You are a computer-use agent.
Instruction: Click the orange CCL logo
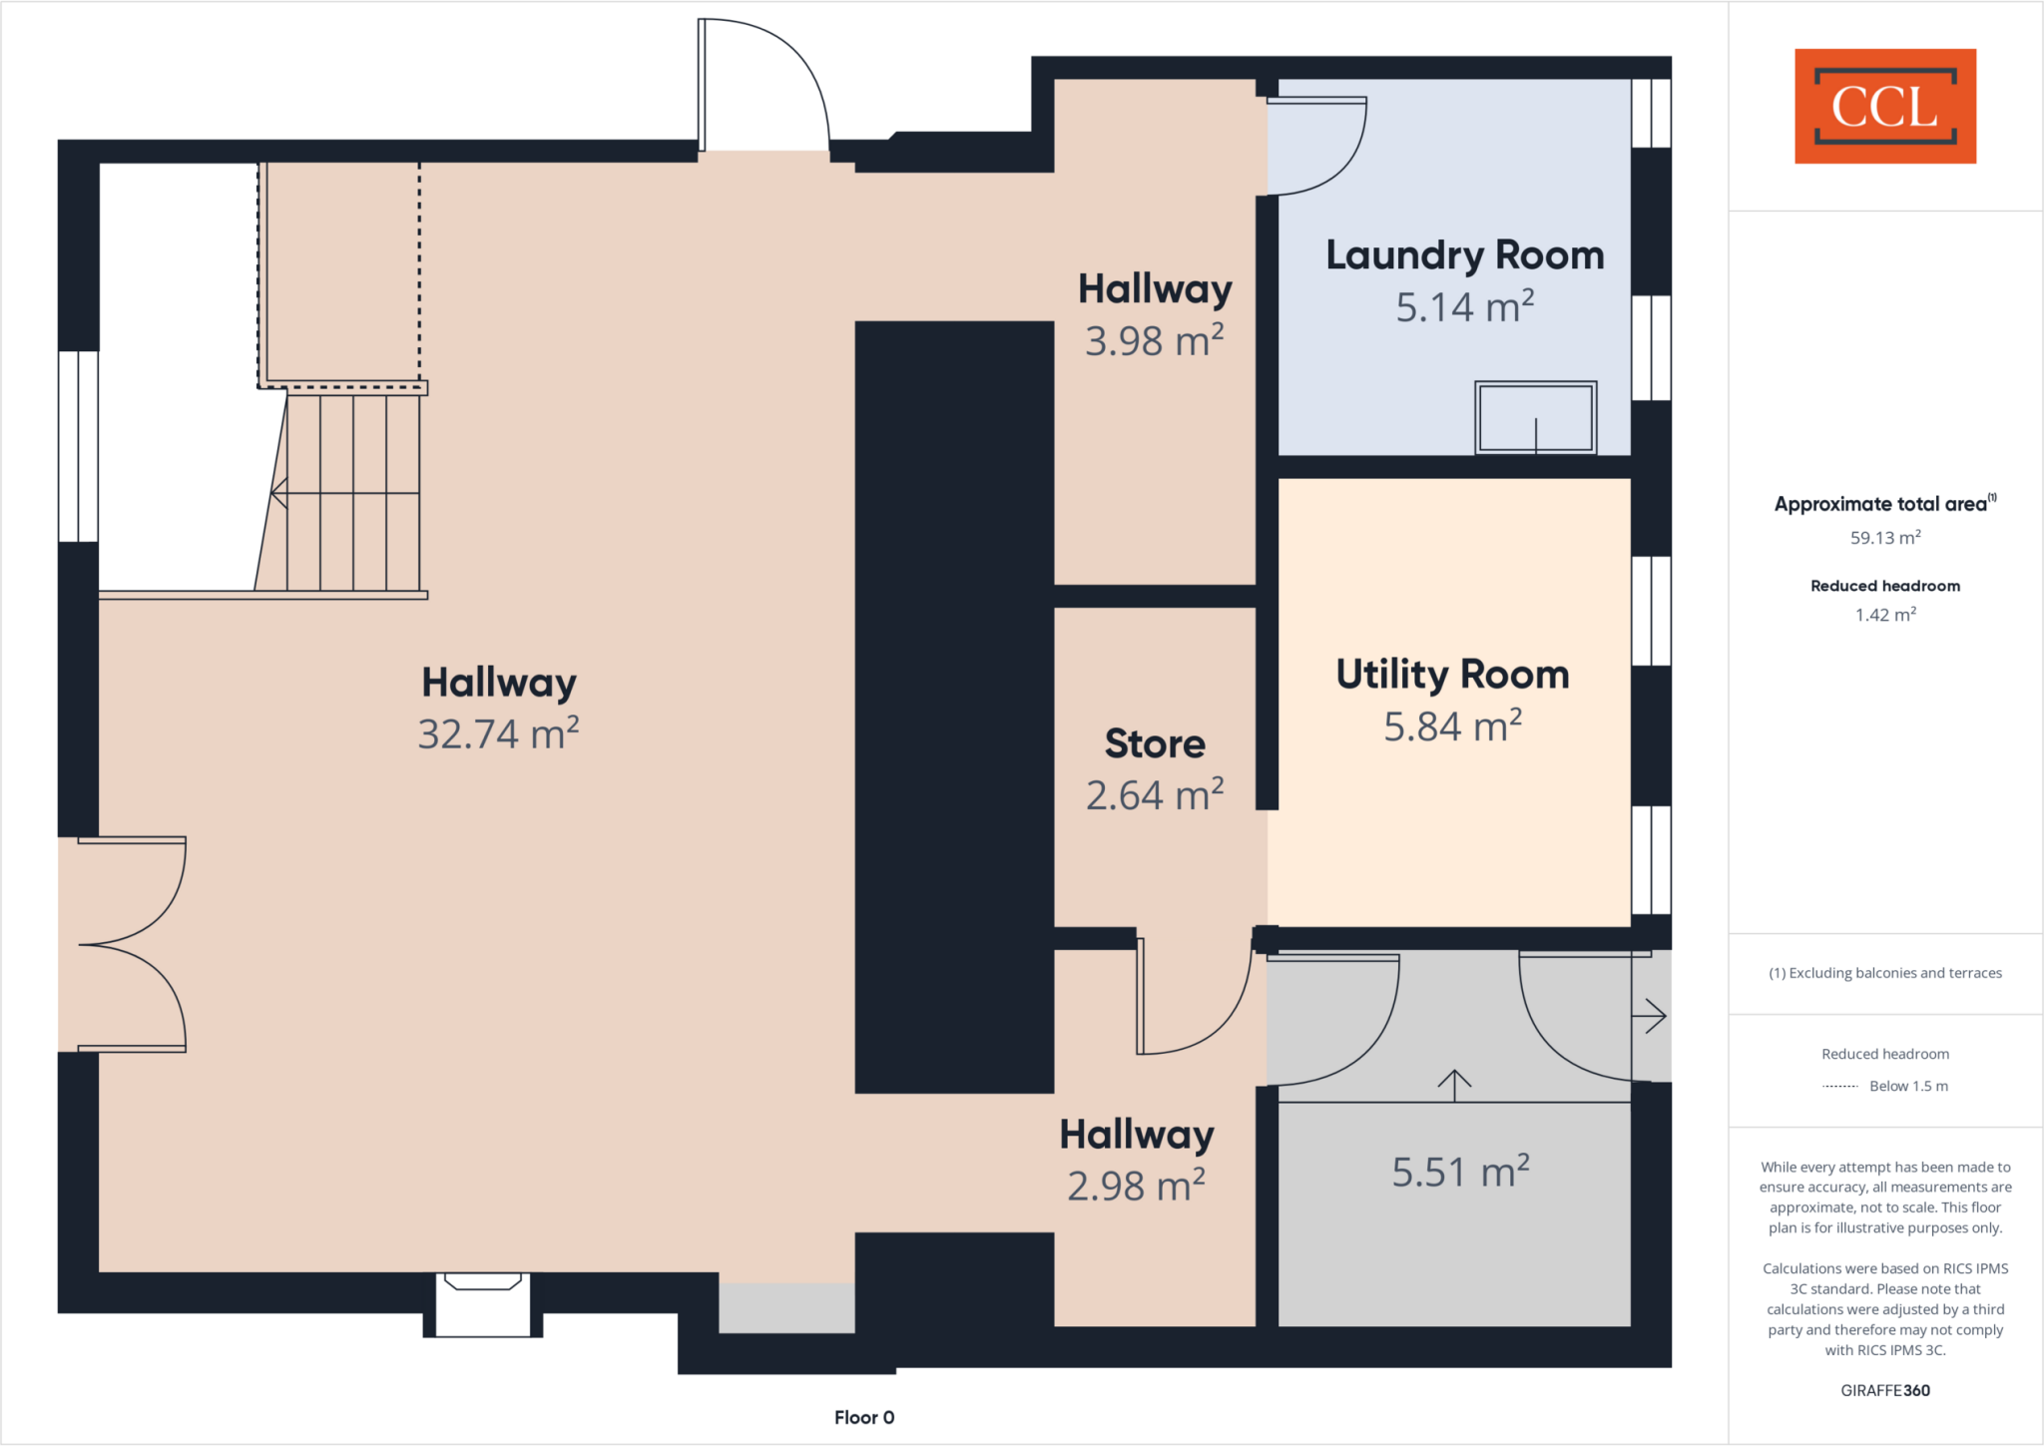1884,106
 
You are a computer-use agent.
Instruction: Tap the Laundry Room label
1464,255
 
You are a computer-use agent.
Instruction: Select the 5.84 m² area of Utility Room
1452,726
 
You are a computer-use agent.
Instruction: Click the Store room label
1155,744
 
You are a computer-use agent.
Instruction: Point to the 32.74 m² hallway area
498,733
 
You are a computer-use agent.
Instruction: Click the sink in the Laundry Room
1535,418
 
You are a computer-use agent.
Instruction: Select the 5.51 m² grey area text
1460,1172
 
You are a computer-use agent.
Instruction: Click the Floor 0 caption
864,1417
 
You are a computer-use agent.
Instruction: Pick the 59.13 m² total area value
1885,538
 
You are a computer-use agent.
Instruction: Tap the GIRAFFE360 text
1885,1390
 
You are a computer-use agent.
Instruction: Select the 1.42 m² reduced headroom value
1885,615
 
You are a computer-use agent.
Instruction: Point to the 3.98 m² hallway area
1155,341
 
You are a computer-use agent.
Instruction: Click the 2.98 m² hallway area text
1136,1187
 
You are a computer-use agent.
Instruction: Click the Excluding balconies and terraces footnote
1885,973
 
